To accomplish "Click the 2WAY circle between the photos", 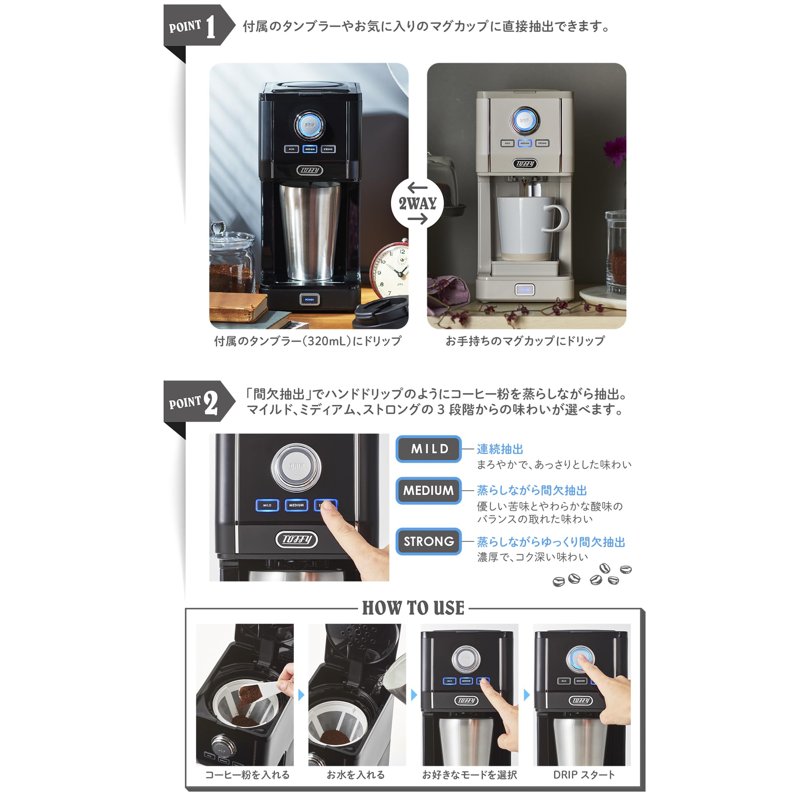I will [x=417, y=203].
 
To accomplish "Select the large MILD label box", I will [x=428, y=449].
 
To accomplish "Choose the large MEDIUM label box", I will [x=428, y=490].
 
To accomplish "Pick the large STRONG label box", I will [x=428, y=541].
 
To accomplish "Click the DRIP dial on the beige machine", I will [x=524, y=120].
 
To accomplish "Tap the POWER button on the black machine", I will [x=309, y=300].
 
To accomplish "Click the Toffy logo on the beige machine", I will [x=525, y=164].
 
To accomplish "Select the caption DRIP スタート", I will [x=584, y=775].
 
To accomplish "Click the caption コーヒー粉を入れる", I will [x=247, y=775].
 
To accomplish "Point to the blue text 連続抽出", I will [x=500, y=449].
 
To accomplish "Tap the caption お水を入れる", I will [x=356, y=775].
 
